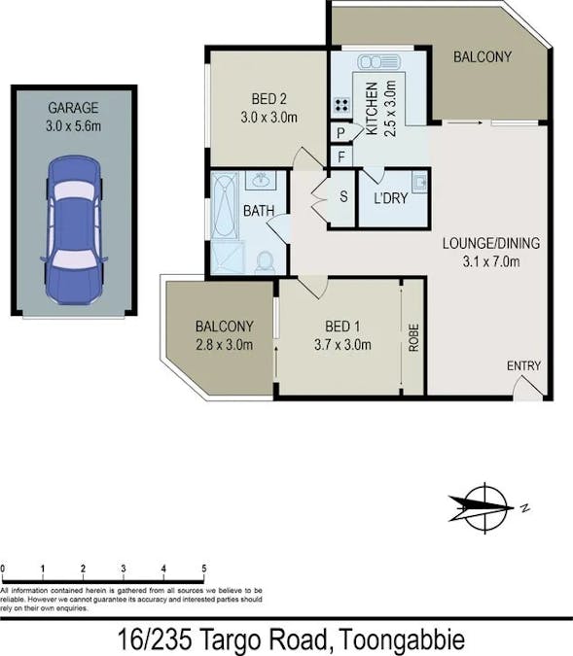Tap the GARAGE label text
pos(74,108)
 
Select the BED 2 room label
pos(269,99)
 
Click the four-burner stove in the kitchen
pos(342,106)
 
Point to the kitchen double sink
pos(379,62)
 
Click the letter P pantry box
pos(341,134)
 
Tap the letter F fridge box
pos(341,156)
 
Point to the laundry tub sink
pos(418,182)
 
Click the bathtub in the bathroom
pos(224,204)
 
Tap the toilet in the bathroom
pos(264,260)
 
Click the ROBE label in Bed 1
pos(413,337)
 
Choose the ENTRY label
pos(523,366)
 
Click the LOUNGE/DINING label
pos(490,243)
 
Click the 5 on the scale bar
pos(203,569)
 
